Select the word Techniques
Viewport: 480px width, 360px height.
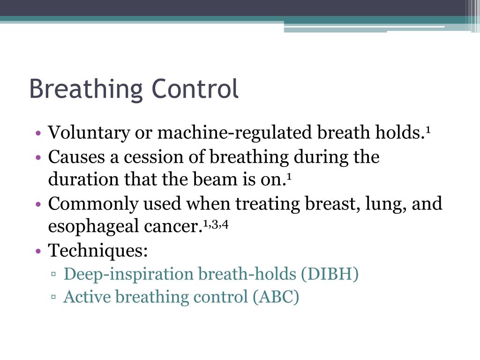tap(98, 251)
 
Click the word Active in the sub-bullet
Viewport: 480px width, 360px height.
tap(87, 297)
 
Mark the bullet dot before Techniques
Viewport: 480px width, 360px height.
tap(38, 251)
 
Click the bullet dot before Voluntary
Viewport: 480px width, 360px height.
tap(38, 134)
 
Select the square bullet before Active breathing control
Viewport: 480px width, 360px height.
tap(54, 297)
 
